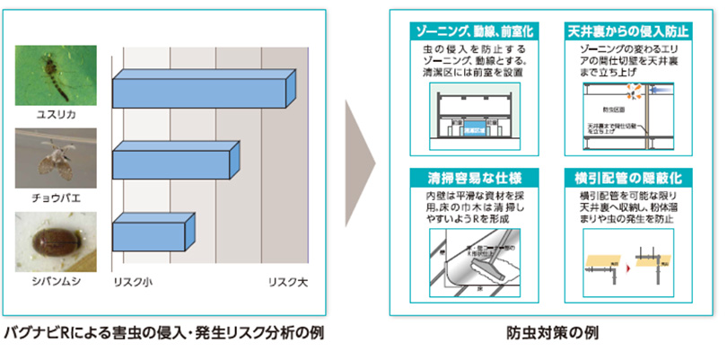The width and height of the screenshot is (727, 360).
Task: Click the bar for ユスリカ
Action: click(x=202, y=91)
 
